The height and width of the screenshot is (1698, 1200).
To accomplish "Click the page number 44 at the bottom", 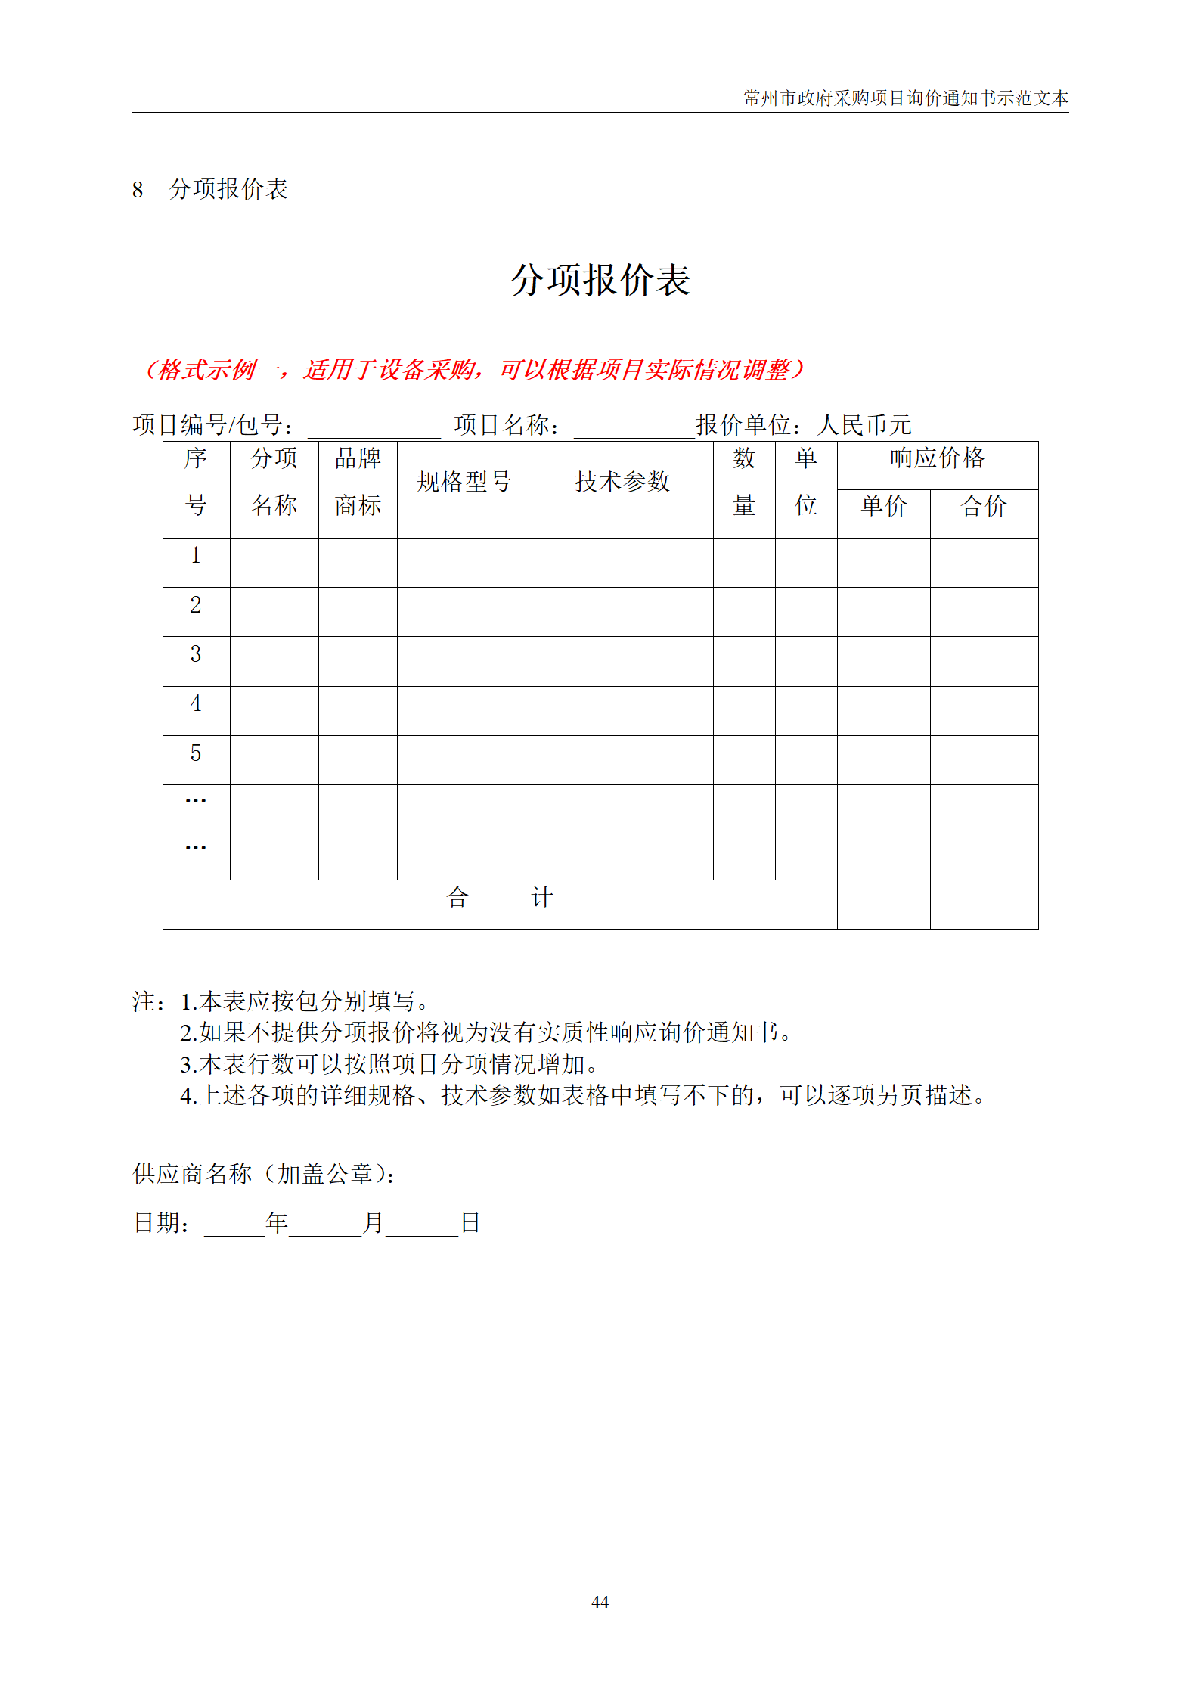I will [x=600, y=1601].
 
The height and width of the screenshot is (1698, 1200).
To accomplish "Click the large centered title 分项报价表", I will [x=600, y=281].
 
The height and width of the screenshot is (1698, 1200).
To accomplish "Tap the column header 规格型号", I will [x=464, y=482].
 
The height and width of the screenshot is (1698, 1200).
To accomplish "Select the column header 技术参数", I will [x=622, y=482].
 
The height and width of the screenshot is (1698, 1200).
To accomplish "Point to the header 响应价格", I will [x=937, y=458].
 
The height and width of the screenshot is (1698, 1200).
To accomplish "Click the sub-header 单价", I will [x=883, y=506].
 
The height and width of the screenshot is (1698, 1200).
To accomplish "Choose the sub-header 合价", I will [x=983, y=506].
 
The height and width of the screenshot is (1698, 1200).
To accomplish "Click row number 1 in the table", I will [x=196, y=556].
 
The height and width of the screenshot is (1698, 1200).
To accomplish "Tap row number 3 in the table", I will [x=196, y=654].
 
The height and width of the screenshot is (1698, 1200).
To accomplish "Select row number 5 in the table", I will [x=196, y=753].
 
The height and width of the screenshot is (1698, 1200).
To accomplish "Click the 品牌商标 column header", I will [x=358, y=482].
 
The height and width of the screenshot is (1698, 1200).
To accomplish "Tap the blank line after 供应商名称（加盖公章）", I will [x=482, y=1177].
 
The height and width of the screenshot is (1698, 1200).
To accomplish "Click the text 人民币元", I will [x=864, y=425].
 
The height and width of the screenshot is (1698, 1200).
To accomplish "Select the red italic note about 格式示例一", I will [x=474, y=370].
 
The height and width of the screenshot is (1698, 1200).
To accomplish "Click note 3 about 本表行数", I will [x=390, y=1064].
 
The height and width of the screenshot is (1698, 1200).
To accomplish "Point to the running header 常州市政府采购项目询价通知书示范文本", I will [x=905, y=98].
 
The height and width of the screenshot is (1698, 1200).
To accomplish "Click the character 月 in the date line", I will [x=373, y=1223].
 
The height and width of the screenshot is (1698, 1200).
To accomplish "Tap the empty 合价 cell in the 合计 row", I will [x=983, y=904].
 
